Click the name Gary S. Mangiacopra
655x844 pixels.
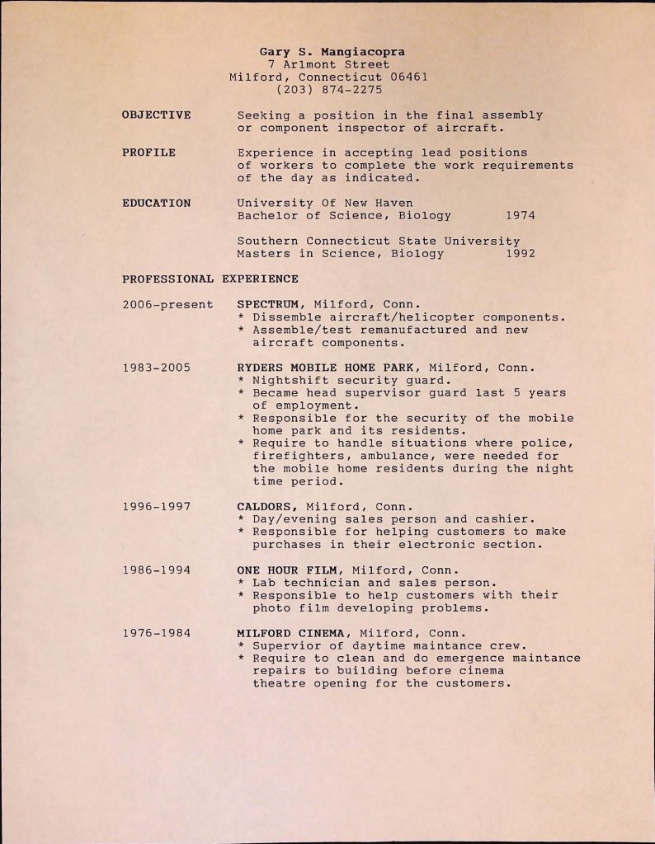(x=327, y=51)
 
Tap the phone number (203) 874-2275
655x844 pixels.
(x=328, y=89)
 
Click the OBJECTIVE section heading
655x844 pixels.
(x=156, y=115)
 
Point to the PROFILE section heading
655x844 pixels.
(x=148, y=152)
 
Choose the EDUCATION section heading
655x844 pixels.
(x=156, y=203)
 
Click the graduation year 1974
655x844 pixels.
(x=520, y=216)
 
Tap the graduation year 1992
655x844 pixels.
(x=520, y=254)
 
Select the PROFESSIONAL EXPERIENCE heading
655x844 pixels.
(x=210, y=279)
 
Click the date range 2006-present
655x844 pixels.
(x=167, y=304)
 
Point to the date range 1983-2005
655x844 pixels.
(x=156, y=368)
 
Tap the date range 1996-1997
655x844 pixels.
(x=156, y=506)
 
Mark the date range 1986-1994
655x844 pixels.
(x=156, y=570)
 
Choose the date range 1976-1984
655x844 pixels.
(x=156, y=633)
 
